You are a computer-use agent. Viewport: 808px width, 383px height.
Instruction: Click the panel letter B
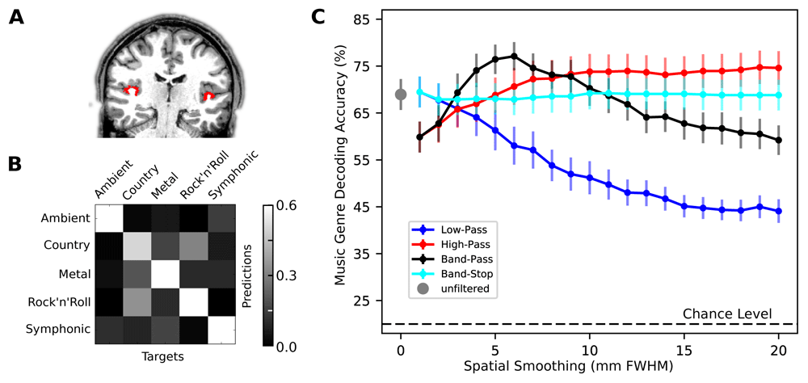[x=16, y=163]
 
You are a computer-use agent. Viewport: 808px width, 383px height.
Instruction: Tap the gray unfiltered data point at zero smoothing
[x=400, y=94]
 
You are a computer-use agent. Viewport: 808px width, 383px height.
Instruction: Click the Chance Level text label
[x=728, y=314]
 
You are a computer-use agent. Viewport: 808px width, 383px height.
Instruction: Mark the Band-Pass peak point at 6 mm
[x=514, y=56]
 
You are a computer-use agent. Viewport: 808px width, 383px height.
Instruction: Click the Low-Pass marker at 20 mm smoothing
[x=779, y=211]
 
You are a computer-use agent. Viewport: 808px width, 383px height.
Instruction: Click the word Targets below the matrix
[x=163, y=356]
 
